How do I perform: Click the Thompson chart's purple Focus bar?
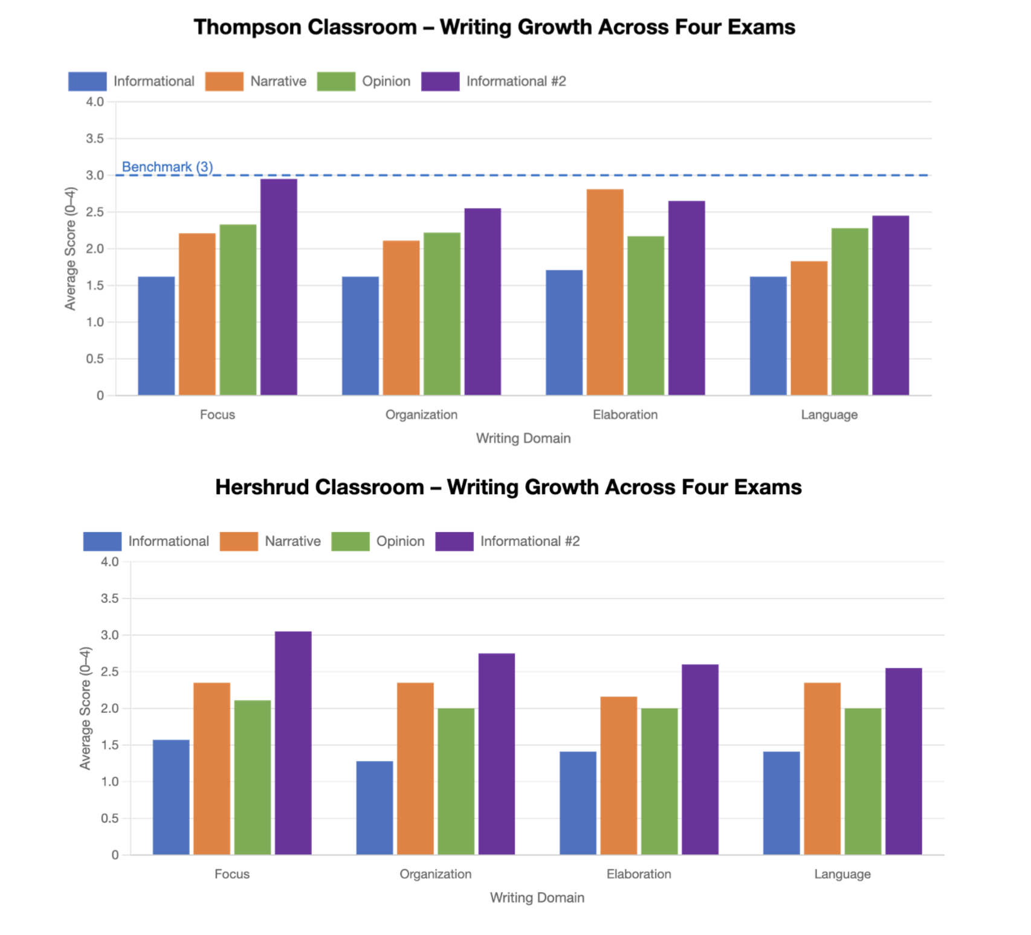click(x=279, y=287)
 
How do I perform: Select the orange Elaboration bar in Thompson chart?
click(x=605, y=292)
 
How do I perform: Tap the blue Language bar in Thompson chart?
click(x=768, y=336)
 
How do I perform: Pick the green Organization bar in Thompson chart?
click(x=442, y=313)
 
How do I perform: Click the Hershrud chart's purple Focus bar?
click(x=293, y=743)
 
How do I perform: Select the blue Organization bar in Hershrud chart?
click(x=375, y=808)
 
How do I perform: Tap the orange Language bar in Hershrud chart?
click(x=822, y=768)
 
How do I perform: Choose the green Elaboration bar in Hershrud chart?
click(x=659, y=781)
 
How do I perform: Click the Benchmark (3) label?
click(x=167, y=167)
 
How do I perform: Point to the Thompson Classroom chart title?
click(x=494, y=27)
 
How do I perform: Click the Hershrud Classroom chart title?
click(x=508, y=487)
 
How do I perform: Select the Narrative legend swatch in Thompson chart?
click(x=224, y=82)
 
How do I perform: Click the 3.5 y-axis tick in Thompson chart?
click(x=95, y=138)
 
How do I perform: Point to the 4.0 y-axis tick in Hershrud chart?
click(x=109, y=562)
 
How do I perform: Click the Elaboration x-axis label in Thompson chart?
click(x=625, y=415)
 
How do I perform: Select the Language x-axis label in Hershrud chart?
click(x=842, y=874)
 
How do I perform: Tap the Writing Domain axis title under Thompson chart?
click(x=523, y=439)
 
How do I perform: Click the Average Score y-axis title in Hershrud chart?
click(x=85, y=708)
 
